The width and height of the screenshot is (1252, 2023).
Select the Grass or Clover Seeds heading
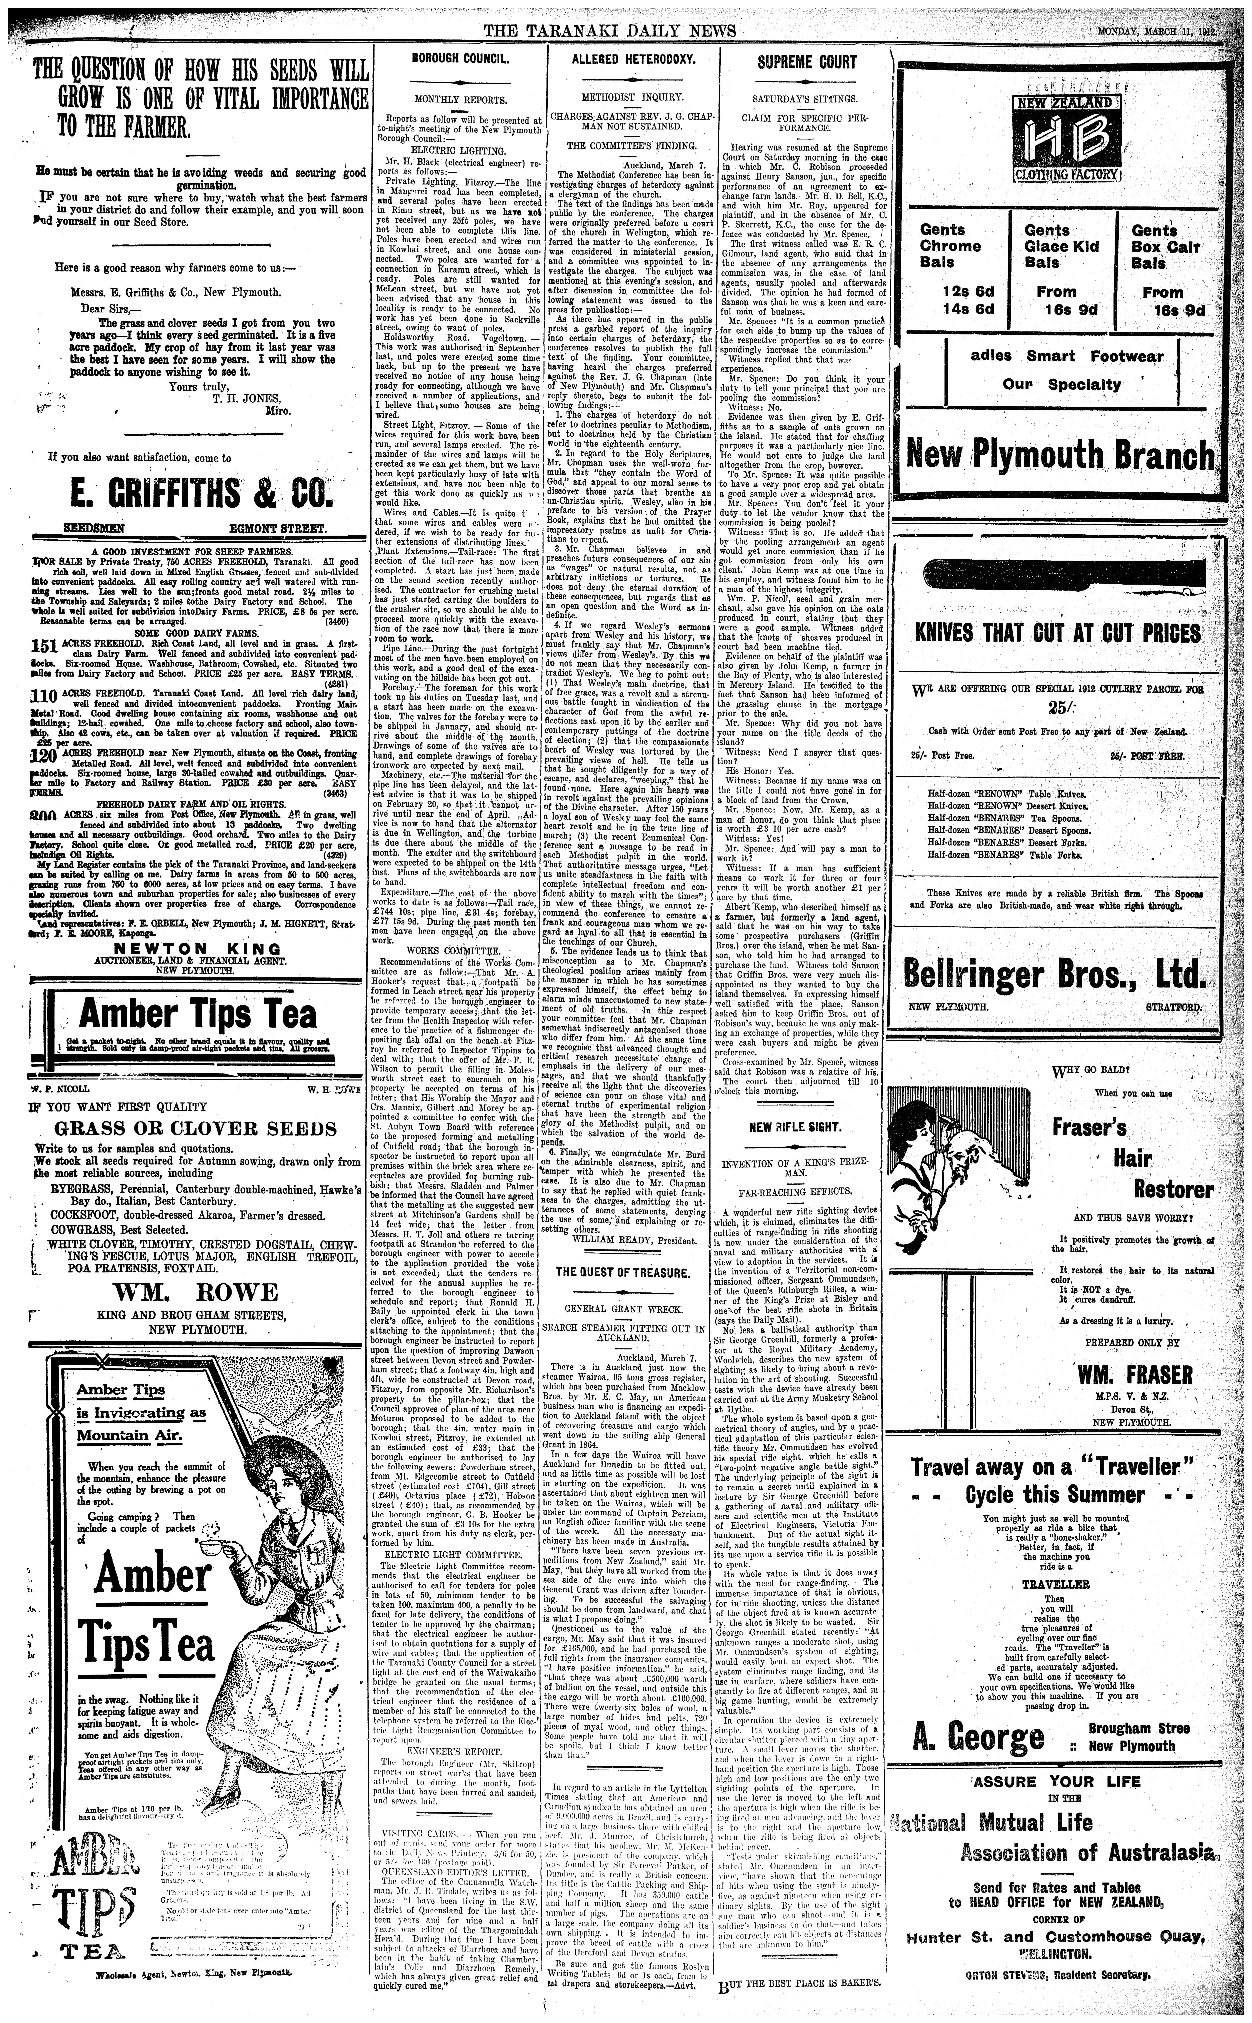pos(195,1129)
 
